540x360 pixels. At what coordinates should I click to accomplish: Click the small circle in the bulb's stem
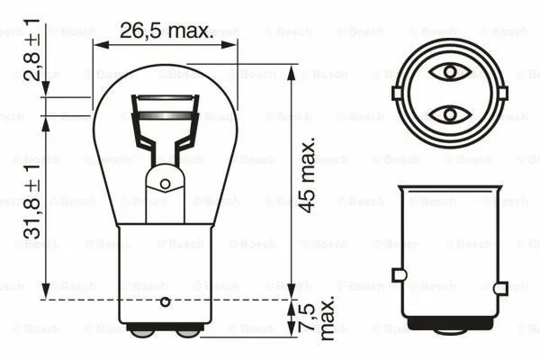pyautogui.click(x=165, y=184)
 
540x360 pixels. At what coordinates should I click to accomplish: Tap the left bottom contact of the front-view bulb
pyautogui.click(x=141, y=331)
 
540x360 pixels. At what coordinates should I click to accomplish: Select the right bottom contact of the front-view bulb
pyautogui.click(x=187, y=331)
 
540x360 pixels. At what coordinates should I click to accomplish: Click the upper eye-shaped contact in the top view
pyautogui.click(x=447, y=71)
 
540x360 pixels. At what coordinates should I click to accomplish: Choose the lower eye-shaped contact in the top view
pyautogui.click(x=447, y=114)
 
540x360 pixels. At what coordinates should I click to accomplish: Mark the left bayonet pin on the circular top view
pyautogui.click(x=397, y=92)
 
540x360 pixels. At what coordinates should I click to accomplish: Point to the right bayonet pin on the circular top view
pyautogui.click(x=499, y=92)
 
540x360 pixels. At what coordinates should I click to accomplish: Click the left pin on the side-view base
pyautogui.click(x=397, y=274)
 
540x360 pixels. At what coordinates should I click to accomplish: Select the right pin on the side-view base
pyautogui.click(x=499, y=274)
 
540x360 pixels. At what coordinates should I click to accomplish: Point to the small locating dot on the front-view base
pyautogui.click(x=165, y=299)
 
